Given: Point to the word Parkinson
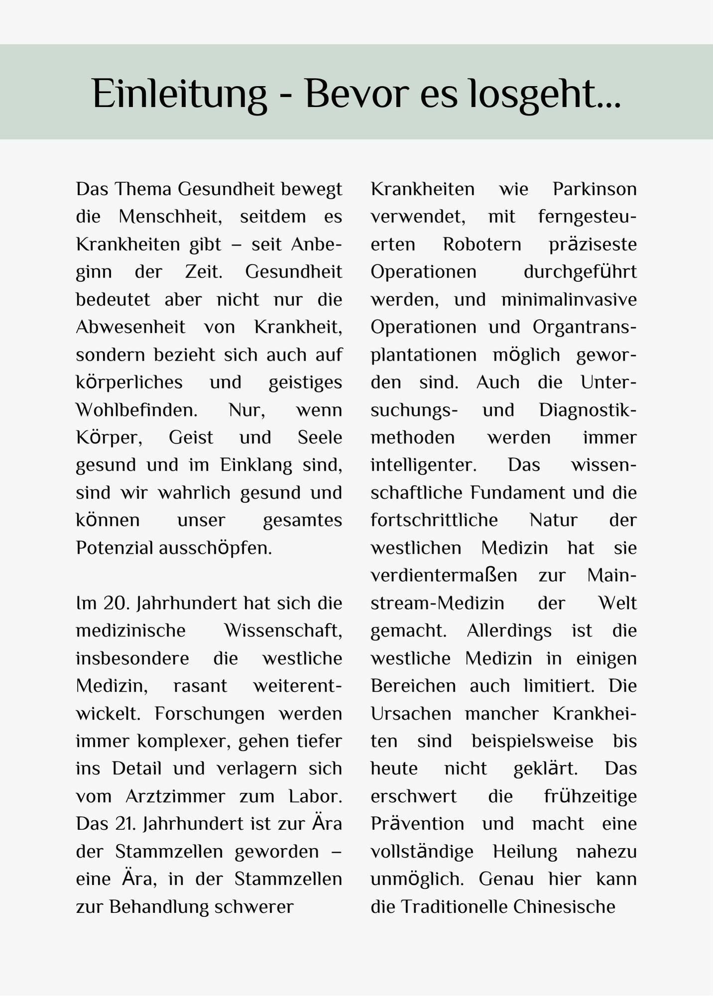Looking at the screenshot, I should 594,189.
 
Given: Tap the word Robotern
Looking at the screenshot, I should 482,245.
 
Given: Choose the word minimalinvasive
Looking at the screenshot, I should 569,300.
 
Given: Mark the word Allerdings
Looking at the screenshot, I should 509,630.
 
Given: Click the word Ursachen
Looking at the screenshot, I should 411,714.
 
